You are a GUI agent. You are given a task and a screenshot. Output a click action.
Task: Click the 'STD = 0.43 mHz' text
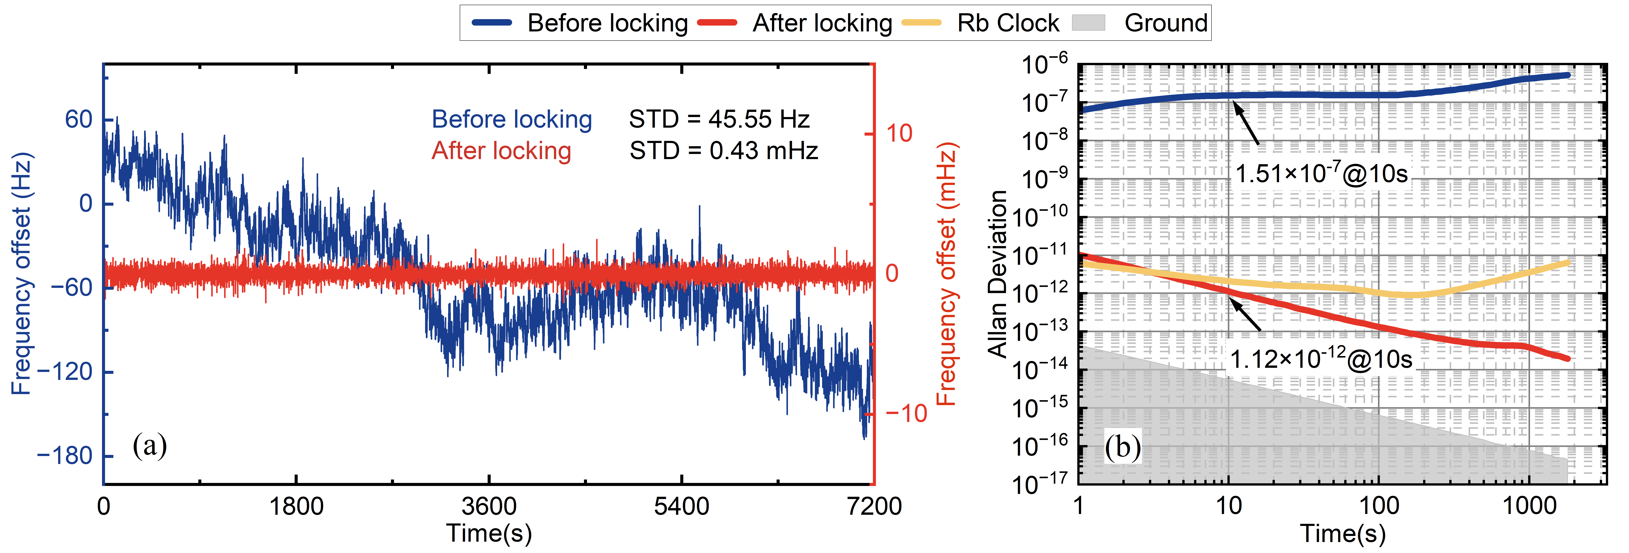pyautogui.click(x=723, y=150)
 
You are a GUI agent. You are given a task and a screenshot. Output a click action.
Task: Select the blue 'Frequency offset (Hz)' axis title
pyautogui.click(x=21, y=273)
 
